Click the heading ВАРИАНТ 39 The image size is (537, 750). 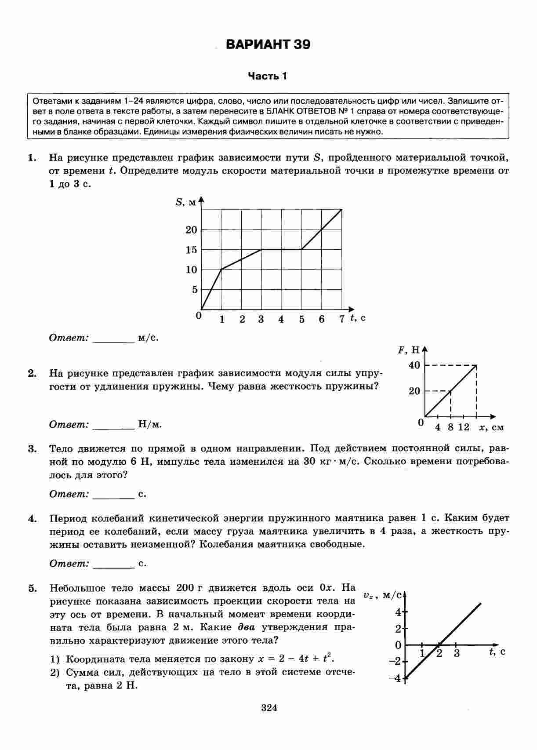pos(268,45)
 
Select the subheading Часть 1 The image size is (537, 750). pos(268,76)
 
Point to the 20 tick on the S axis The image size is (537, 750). pos(192,230)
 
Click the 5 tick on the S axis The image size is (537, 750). pos(194,290)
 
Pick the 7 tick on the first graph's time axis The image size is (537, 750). pos(342,320)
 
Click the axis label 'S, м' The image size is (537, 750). pos(186,203)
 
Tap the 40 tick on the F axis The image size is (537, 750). pos(414,365)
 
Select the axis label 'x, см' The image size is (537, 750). pos(492,427)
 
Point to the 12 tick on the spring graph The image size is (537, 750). pos(464,427)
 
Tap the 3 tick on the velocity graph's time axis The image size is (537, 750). pos(457,653)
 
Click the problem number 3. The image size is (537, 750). pos(32,449)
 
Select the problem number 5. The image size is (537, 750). pos(32,589)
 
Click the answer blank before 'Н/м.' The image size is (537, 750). pos(113,426)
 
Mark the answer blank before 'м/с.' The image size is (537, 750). pos(113,339)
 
